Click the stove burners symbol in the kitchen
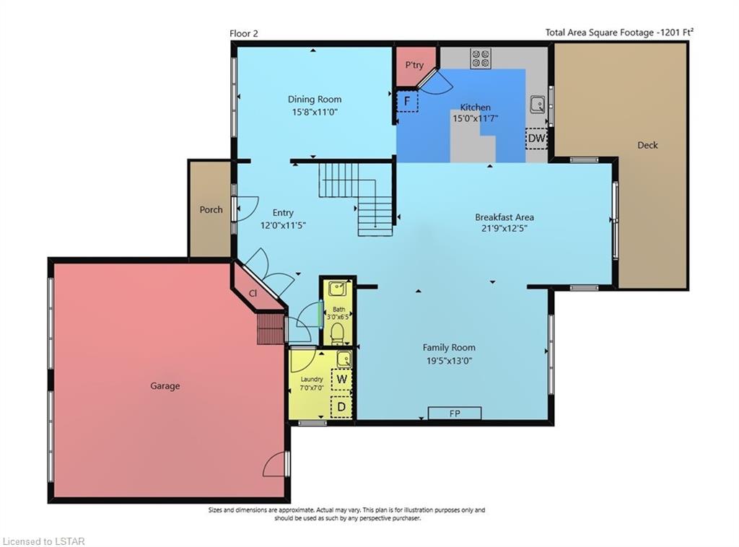(481, 58)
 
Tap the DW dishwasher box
(536, 138)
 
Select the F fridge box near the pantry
(407, 101)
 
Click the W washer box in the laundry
(341, 380)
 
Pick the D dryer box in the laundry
(341, 406)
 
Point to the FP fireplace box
(455, 413)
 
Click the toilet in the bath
(337, 334)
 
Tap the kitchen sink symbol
(538, 104)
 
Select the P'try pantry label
(414, 65)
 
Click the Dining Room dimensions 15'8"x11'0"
(315, 112)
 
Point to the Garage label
(165, 386)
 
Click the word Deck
(647, 145)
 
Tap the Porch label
(211, 210)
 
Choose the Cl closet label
(253, 293)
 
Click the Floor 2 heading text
(244, 33)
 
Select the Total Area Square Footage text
(619, 32)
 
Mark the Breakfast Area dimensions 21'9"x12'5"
(504, 229)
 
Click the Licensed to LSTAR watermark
(43, 541)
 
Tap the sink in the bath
(338, 289)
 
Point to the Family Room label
(449, 348)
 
